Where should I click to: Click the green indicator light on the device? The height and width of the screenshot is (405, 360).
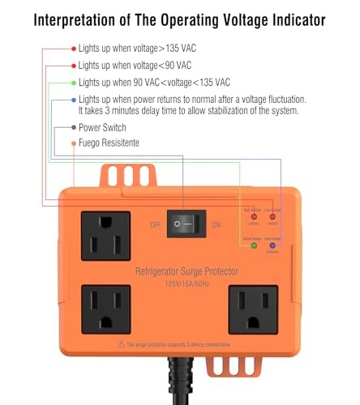255,246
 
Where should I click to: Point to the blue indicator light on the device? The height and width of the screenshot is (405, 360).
274,246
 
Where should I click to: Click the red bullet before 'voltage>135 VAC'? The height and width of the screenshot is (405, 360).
74,49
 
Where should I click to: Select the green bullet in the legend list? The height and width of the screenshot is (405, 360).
74,83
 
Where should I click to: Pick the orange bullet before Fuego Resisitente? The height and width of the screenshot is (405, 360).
74,143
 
